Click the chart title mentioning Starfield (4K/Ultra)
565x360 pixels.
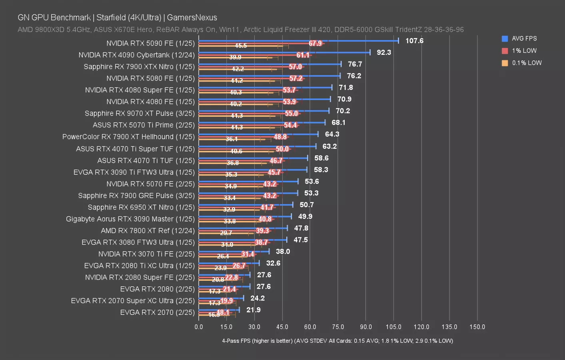tap(117, 18)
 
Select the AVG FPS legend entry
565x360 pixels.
tap(524, 38)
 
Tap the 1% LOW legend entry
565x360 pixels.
tap(524, 51)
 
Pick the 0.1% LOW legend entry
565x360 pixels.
tap(526, 63)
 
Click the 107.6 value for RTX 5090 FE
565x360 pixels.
tap(414, 41)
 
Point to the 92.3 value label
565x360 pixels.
tap(383, 52)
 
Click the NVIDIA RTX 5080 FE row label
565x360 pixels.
tap(150, 78)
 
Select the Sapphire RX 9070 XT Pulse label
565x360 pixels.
tap(140, 114)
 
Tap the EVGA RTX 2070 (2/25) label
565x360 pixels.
tap(157, 312)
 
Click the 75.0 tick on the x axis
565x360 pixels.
tap(338, 327)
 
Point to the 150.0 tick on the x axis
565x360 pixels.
tap(477, 327)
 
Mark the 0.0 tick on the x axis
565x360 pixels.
tap(199, 327)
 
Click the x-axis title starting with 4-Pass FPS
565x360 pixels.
tap(337, 341)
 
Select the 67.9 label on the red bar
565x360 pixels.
tap(315, 43)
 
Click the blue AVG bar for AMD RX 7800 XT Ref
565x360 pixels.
tap(243, 228)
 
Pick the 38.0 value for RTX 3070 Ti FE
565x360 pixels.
tap(283, 252)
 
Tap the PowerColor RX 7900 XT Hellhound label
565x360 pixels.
tap(128, 137)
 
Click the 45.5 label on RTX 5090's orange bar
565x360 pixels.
tap(241, 46)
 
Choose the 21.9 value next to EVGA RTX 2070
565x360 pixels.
tap(253, 310)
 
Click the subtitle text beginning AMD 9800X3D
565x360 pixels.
tap(240, 30)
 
